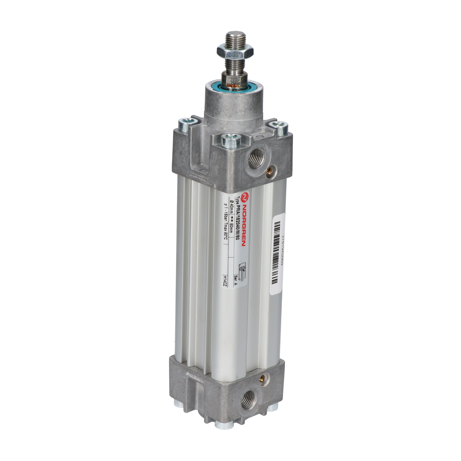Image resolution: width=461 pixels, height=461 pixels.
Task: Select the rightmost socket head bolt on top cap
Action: pyautogui.click(x=279, y=127)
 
